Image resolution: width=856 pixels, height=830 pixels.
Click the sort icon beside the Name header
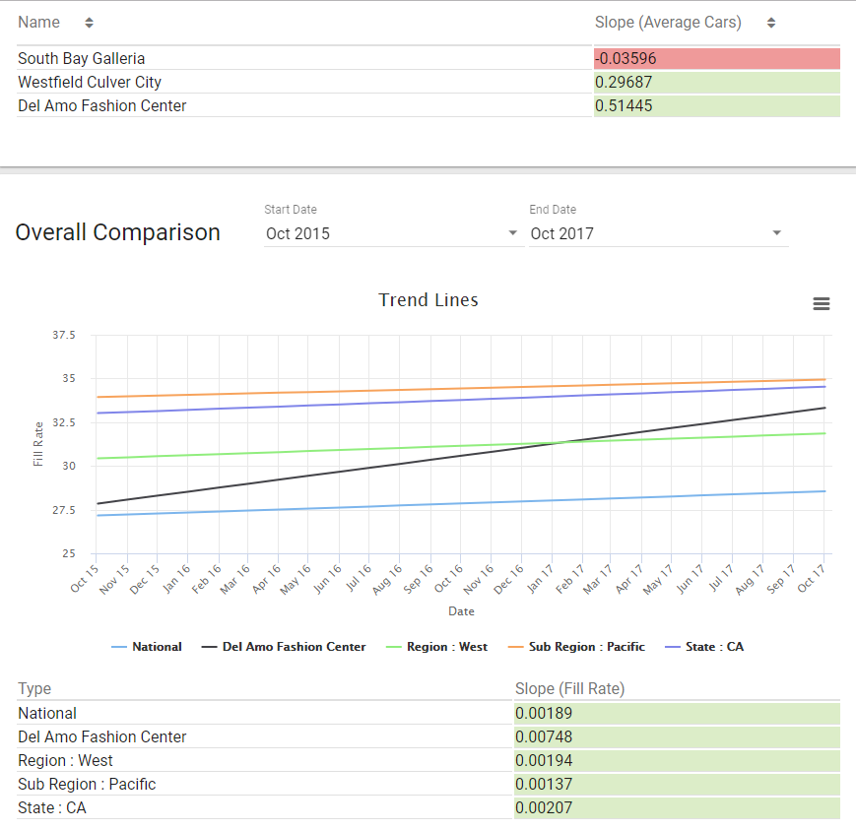click(89, 23)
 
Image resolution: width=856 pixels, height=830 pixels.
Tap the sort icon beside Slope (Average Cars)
click(771, 23)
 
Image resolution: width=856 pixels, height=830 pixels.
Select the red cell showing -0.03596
click(717, 58)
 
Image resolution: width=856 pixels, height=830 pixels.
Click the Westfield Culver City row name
click(90, 82)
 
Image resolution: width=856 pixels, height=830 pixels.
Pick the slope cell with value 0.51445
click(717, 106)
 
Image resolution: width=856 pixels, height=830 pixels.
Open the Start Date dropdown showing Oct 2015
click(393, 233)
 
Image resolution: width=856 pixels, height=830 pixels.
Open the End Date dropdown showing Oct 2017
click(658, 233)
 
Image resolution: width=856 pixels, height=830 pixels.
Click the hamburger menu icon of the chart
click(822, 303)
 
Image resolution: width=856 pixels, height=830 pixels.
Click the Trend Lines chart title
click(428, 300)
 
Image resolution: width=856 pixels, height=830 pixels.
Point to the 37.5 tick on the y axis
click(64, 335)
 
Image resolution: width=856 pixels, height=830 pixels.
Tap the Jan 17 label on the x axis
click(541, 578)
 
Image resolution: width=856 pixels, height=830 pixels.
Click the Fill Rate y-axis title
click(37, 444)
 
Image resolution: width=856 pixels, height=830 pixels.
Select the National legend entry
click(147, 647)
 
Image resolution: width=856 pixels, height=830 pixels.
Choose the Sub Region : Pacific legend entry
click(576, 647)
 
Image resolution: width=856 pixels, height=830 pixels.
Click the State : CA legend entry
click(704, 647)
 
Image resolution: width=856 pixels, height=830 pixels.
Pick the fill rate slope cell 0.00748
click(677, 736)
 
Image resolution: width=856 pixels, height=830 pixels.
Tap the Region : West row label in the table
click(66, 760)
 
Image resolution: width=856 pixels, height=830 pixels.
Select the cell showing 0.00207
click(677, 807)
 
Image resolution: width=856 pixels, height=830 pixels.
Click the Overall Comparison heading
click(118, 232)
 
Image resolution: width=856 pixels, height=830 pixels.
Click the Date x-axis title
click(461, 611)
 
